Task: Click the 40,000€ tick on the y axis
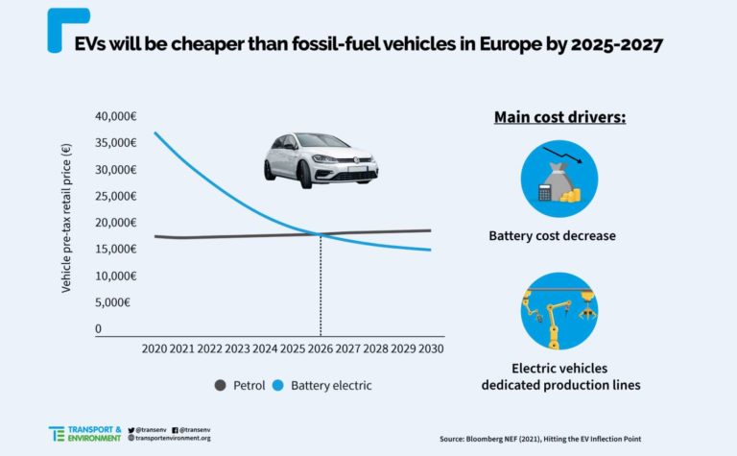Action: click(x=115, y=116)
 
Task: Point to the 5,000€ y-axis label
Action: click(x=112, y=302)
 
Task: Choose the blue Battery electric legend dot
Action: click(x=277, y=385)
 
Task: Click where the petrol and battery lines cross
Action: click(x=321, y=234)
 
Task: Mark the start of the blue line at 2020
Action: click(x=155, y=132)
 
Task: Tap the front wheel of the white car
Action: click(x=304, y=174)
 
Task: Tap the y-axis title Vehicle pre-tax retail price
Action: click(x=66, y=218)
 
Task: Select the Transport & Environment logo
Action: click(x=83, y=432)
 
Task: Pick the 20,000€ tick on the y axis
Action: click(x=115, y=223)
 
